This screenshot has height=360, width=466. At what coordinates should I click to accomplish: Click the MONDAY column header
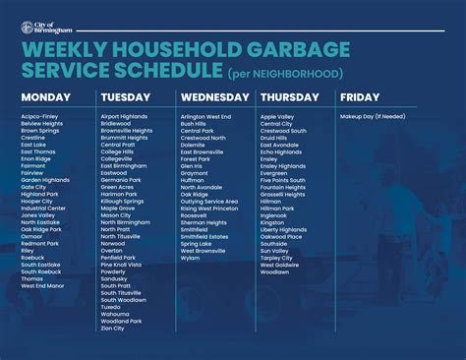(x=46, y=97)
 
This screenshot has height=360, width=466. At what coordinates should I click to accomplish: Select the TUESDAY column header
(x=126, y=97)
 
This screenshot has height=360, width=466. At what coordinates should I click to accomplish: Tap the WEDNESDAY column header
(x=214, y=97)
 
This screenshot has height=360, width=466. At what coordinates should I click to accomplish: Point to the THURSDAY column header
(x=292, y=97)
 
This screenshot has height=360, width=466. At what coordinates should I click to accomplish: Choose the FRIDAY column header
(x=361, y=97)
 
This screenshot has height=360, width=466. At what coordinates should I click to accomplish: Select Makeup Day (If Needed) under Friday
(x=375, y=116)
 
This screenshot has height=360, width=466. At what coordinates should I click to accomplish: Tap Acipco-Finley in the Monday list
(x=40, y=116)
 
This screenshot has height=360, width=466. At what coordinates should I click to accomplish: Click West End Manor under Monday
(x=42, y=286)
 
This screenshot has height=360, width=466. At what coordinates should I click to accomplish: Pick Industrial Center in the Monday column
(x=43, y=208)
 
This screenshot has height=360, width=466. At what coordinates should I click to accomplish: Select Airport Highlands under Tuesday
(x=124, y=116)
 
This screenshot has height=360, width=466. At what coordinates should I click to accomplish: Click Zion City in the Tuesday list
(x=113, y=329)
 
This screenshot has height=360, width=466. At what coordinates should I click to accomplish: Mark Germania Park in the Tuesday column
(x=121, y=180)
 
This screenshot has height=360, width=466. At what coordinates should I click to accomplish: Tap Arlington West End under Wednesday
(x=205, y=116)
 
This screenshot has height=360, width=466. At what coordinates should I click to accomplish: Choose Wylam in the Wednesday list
(x=191, y=258)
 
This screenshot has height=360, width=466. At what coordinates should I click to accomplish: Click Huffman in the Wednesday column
(x=193, y=180)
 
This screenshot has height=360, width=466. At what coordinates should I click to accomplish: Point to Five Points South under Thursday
(x=284, y=180)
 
